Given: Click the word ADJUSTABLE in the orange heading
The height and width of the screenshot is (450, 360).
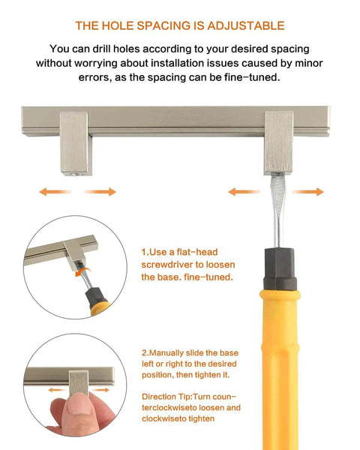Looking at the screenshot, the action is click(246, 25).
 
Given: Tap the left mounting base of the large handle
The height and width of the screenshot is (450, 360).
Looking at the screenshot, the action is click(75, 143).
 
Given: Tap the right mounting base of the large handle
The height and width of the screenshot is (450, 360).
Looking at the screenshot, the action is click(278, 143).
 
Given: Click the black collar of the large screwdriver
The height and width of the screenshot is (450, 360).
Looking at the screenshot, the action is click(280, 269).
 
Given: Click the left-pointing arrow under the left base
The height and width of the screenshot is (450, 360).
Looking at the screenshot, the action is click(55, 192).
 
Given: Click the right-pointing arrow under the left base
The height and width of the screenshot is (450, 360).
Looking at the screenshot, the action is click(100, 192).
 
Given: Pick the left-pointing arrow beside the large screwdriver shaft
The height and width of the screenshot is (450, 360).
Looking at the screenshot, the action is click(244, 192).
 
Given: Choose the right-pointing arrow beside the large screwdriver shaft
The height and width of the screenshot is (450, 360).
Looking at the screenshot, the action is click(308, 192).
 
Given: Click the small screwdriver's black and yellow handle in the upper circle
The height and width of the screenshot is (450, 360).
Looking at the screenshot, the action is click(97, 301).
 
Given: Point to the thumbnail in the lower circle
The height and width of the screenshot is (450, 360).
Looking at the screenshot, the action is click(79, 405).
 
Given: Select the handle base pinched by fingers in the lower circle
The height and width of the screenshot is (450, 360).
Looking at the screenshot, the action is click(78, 382).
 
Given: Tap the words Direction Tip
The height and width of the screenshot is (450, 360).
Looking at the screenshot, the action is click(166, 397).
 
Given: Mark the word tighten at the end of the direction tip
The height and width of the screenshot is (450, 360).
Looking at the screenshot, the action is click(202, 418).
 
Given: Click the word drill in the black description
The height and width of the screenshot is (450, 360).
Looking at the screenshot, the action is click(101, 49).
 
